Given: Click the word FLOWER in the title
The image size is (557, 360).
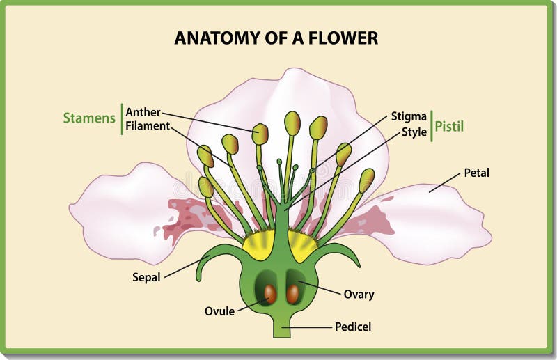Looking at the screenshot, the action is coord(343,38).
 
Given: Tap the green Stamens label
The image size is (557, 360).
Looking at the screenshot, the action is coord(89,118).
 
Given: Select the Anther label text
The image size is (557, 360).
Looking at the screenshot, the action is coord(143,112).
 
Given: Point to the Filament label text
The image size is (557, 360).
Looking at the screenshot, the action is coord(148,126).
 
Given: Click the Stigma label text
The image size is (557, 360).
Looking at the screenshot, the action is coord(409,116).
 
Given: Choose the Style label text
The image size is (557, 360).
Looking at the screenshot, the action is coord(414,132).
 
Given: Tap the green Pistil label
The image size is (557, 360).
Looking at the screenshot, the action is coord(449,127).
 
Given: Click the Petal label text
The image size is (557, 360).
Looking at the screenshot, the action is coord(477,173).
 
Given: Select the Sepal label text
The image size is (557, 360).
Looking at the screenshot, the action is coord(146,278).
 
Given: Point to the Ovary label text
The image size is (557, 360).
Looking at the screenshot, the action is coord(359,295).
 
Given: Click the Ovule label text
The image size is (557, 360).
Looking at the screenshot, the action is coord(219,311).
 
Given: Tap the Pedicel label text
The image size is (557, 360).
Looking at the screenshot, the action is coord(353,327).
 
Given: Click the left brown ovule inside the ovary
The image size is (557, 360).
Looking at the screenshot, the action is coord(270,295).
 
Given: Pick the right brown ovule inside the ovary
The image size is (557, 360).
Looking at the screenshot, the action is coord(293,295).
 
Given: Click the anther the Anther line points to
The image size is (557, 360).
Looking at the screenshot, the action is coord(260,134).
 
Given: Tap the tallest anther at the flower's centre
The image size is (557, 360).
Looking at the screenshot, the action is coord(292,123).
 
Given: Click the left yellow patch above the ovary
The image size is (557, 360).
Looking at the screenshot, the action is coord(258,245).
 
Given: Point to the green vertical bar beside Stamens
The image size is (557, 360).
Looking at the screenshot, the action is coord(122,119).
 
